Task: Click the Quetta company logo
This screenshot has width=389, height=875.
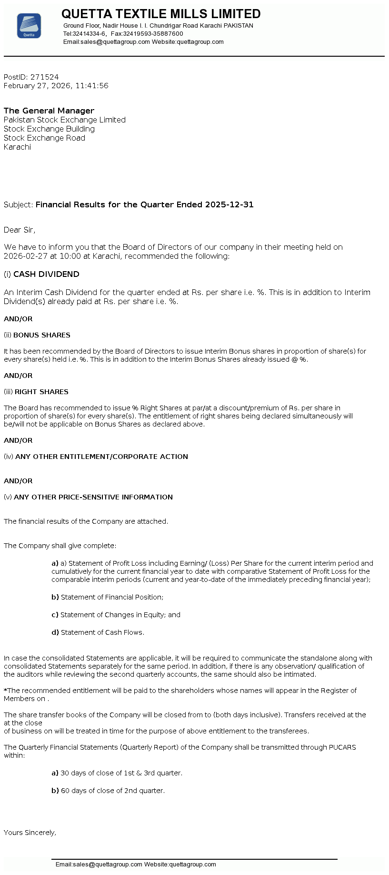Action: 29,26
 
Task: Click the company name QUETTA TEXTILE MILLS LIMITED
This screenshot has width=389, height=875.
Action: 161,14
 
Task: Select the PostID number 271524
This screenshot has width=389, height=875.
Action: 45,77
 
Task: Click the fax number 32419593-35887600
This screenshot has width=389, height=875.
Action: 153,34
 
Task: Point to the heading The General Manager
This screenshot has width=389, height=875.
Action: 49,111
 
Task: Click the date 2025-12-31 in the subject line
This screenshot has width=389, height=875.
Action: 229,205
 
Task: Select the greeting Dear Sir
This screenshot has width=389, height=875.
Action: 19,230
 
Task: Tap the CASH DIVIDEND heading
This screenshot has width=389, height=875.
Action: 46,275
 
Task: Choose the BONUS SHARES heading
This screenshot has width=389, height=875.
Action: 42,336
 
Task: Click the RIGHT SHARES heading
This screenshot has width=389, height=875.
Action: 41,392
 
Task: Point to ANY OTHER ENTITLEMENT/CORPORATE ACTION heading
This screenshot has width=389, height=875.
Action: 101,457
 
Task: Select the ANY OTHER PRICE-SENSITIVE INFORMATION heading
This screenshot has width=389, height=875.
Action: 93,498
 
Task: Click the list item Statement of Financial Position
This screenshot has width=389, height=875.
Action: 112,598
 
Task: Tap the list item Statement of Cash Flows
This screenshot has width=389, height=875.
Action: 102,633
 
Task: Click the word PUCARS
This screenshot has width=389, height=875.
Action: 342,748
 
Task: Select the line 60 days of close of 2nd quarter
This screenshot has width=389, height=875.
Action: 113,791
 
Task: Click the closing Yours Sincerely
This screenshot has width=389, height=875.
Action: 30,833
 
